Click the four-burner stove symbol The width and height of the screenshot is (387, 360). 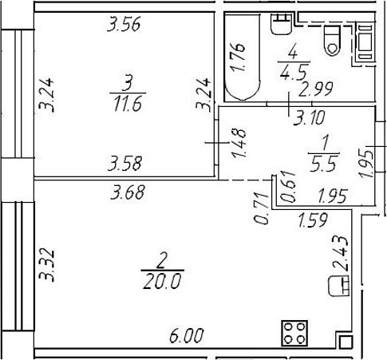(x=294, y=333)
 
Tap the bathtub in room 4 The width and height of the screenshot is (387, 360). (x=242, y=57)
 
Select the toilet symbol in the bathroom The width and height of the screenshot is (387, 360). (x=332, y=41)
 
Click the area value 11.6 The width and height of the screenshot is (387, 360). (x=128, y=104)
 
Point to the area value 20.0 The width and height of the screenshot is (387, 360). (x=162, y=281)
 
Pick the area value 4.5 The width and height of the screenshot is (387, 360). (x=294, y=73)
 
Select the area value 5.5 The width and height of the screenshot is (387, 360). (x=324, y=164)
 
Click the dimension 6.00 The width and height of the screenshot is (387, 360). (x=187, y=335)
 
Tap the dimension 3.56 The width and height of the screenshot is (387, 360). (x=124, y=25)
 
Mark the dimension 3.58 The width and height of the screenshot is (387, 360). (x=124, y=164)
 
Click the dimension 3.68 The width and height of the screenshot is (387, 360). (x=128, y=192)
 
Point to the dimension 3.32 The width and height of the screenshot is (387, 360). (x=46, y=265)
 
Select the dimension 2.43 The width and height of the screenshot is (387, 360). (x=340, y=254)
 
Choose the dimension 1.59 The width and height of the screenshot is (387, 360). (x=313, y=220)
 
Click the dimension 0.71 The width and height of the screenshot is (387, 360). (x=261, y=208)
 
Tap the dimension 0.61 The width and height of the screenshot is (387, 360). (x=287, y=187)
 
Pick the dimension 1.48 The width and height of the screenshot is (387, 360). (x=239, y=143)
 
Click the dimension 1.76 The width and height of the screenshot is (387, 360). (x=238, y=57)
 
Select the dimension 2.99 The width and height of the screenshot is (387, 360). (x=316, y=89)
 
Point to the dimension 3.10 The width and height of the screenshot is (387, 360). (x=310, y=117)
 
